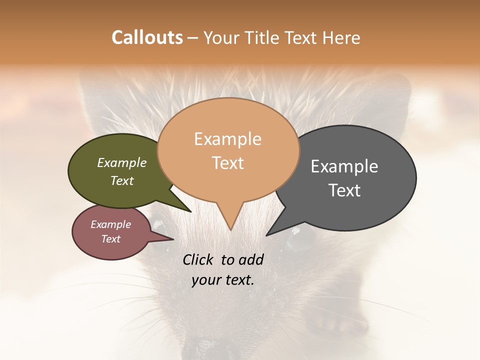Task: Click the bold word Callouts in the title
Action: [x=147, y=37]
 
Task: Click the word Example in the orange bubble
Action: [x=227, y=139]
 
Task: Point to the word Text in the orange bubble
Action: [x=227, y=163]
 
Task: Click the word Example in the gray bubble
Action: [x=344, y=166]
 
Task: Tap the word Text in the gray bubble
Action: [x=344, y=190]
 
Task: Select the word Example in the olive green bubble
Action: [x=122, y=162]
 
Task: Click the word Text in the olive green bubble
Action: [x=122, y=180]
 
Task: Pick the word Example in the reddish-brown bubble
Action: [x=110, y=224]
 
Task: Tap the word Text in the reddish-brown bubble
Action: [x=110, y=239]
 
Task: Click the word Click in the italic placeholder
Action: [x=197, y=259]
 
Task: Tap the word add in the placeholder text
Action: [x=251, y=259]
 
